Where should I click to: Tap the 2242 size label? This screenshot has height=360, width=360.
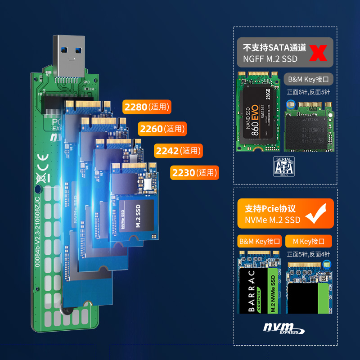coord(178,151)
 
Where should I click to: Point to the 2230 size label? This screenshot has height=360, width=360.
coord(194,172)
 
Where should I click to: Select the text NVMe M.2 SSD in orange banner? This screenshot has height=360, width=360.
coord(273,220)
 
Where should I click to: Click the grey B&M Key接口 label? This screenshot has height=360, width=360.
coord(308,80)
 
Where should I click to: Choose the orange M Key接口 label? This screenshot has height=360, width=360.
coord(309,241)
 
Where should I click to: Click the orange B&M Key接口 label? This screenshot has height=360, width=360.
coord(260,241)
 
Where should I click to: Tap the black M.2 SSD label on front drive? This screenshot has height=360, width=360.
coord(139,215)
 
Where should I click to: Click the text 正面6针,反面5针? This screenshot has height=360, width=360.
coord(308,92)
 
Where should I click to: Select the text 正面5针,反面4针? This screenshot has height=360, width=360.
coord(308,254)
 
